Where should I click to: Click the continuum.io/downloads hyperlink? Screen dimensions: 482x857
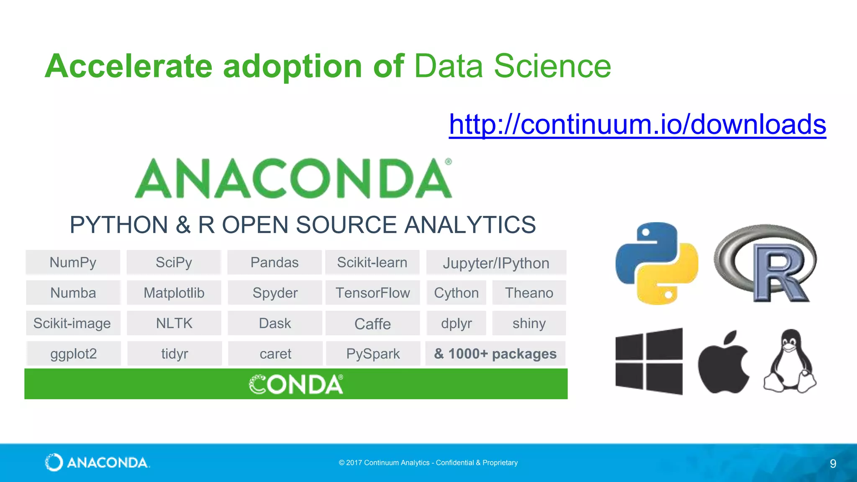[637, 124]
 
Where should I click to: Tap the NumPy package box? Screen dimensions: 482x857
[73, 262]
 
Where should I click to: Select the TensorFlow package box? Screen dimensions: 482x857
[372, 293]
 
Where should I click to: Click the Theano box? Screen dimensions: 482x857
[529, 293]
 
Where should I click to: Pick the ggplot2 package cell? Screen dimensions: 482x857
[74, 354]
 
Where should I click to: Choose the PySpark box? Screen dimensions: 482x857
[373, 354]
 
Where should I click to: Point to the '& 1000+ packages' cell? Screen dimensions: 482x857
[495, 354]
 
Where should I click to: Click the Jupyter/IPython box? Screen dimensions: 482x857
[496, 263]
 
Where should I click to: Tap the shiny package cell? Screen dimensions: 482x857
[529, 323]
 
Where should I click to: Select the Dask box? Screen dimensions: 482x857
[275, 323]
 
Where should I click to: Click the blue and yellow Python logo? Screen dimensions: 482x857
[657, 263]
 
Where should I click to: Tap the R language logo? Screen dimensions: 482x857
[765, 263]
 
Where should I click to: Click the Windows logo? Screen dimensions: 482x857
[649, 361]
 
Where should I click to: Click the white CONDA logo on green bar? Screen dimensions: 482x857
[296, 384]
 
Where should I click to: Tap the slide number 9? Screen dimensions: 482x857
[833, 464]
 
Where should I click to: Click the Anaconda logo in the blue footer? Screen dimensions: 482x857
[97, 462]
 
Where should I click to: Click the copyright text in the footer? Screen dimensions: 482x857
[428, 463]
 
